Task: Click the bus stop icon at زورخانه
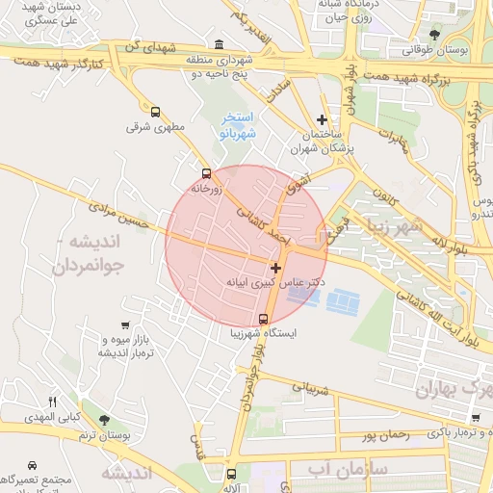[205, 173]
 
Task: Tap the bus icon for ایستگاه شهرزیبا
[263, 319]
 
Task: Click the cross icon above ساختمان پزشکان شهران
[322, 119]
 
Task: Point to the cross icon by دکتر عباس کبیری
[276, 267]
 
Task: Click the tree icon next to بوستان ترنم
[104, 420]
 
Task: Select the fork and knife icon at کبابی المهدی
[53, 402]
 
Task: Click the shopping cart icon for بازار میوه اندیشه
[126, 326]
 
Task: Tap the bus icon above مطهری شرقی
[156, 112]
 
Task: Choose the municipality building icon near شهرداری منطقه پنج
[220, 44]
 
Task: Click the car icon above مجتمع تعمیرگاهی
[34, 463]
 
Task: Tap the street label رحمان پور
[387, 434]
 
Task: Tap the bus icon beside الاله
[231, 473]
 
